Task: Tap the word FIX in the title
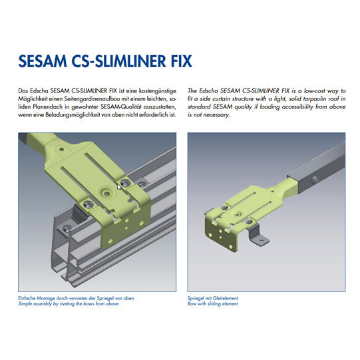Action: tap(178, 62)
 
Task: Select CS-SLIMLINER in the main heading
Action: tap(118, 62)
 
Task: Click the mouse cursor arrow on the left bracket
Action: tap(120, 187)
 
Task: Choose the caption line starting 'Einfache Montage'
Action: tap(76, 298)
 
